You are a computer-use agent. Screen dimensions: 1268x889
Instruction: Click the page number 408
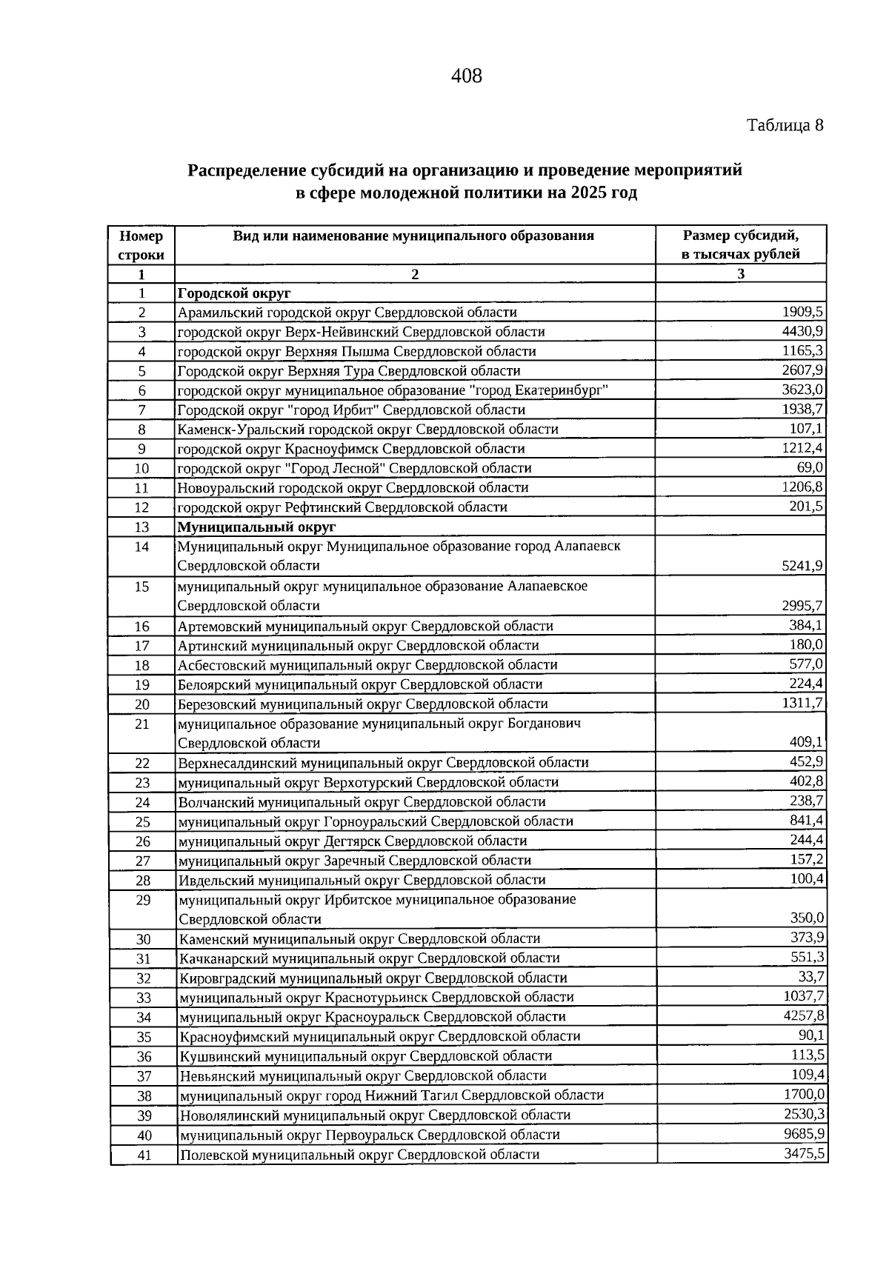point(466,76)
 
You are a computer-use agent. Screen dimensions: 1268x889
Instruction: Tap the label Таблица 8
point(785,125)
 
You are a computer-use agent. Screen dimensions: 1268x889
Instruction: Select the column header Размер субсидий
point(740,236)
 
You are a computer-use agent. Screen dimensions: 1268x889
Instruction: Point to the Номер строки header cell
point(141,245)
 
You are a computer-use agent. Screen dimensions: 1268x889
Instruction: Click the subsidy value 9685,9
point(805,1134)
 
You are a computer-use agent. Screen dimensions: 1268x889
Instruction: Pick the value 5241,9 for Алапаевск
point(804,566)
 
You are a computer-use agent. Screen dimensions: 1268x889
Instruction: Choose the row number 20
point(142,704)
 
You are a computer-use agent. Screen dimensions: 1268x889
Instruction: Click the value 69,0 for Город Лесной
point(810,467)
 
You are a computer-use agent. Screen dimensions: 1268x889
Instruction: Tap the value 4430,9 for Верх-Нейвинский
point(804,331)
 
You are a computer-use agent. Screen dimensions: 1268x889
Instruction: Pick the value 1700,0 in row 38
point(805,1095)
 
